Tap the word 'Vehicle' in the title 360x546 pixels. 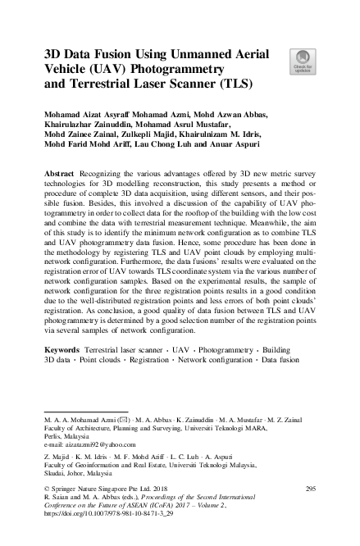[x=71, y=68]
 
